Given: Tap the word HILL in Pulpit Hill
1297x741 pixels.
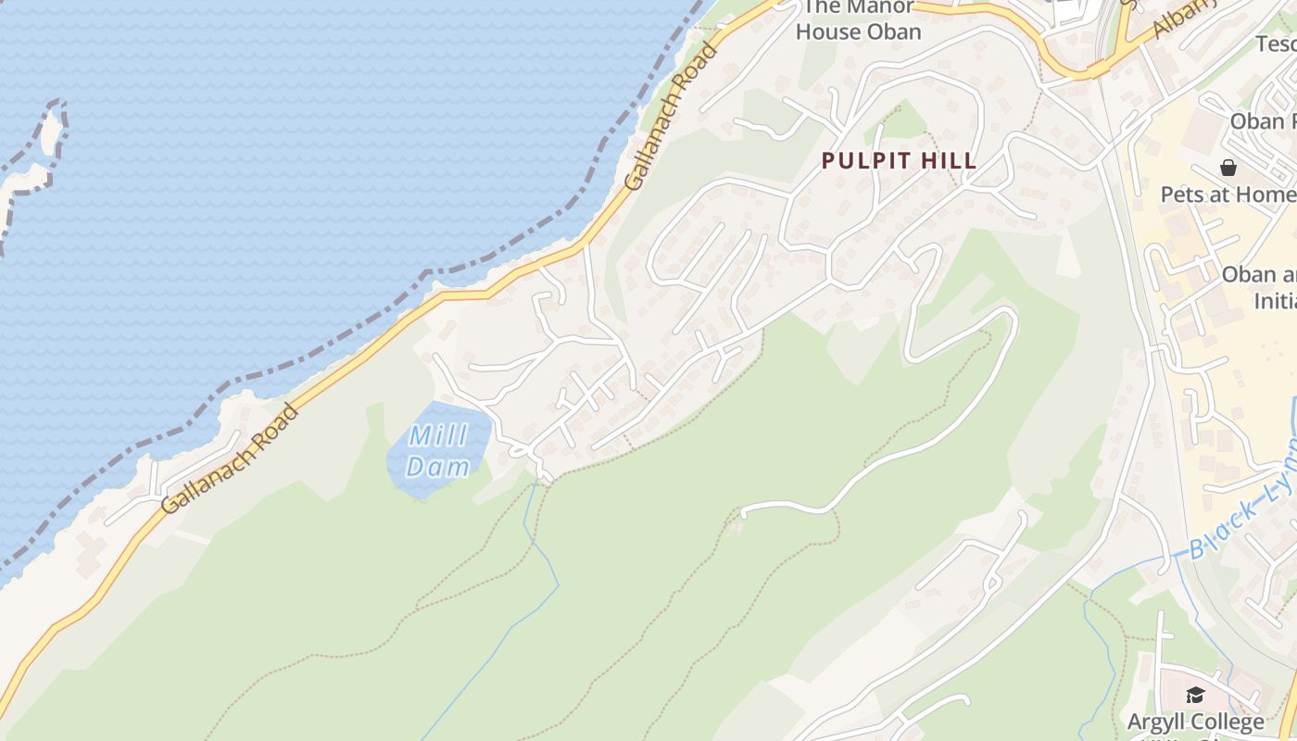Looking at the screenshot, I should point(947,161).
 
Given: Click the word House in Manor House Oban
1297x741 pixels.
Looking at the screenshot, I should point(830,31).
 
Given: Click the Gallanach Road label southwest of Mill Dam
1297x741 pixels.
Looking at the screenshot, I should point(230,459).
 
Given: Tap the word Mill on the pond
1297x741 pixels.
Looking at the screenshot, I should point(437,434).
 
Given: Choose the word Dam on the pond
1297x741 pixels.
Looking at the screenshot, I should point(437,466).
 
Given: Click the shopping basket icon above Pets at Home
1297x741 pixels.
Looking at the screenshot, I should point(1228,168).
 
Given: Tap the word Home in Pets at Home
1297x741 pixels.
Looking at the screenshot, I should point(1266,195).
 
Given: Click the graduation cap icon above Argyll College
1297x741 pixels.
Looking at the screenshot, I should point(1195,695).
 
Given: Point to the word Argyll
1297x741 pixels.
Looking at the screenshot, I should point(1162,722).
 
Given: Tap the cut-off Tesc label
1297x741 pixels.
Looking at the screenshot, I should point(1277,44).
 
